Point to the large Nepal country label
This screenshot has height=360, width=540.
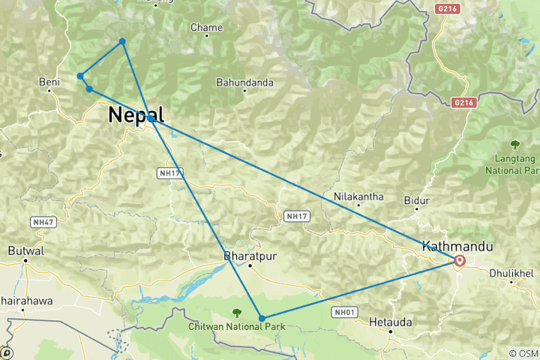tap(136, 115)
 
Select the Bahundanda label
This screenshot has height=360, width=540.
tap(244, 82)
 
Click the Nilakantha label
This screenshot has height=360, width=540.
tap(358, 197)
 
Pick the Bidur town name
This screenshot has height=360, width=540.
tap(417, 200)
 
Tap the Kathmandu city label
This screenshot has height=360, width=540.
tap(457, 246)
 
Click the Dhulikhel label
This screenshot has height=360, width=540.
tap(512, 274)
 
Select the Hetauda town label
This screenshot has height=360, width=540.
tap(391, 322)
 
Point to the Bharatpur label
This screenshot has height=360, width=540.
tap(250, 256)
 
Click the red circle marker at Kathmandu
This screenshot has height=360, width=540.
tap(459, 261)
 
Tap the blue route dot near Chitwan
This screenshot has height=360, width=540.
tap(262, 319)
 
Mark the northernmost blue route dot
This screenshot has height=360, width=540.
tap(122, 41)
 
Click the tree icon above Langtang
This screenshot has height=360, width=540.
tap(514, 144)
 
